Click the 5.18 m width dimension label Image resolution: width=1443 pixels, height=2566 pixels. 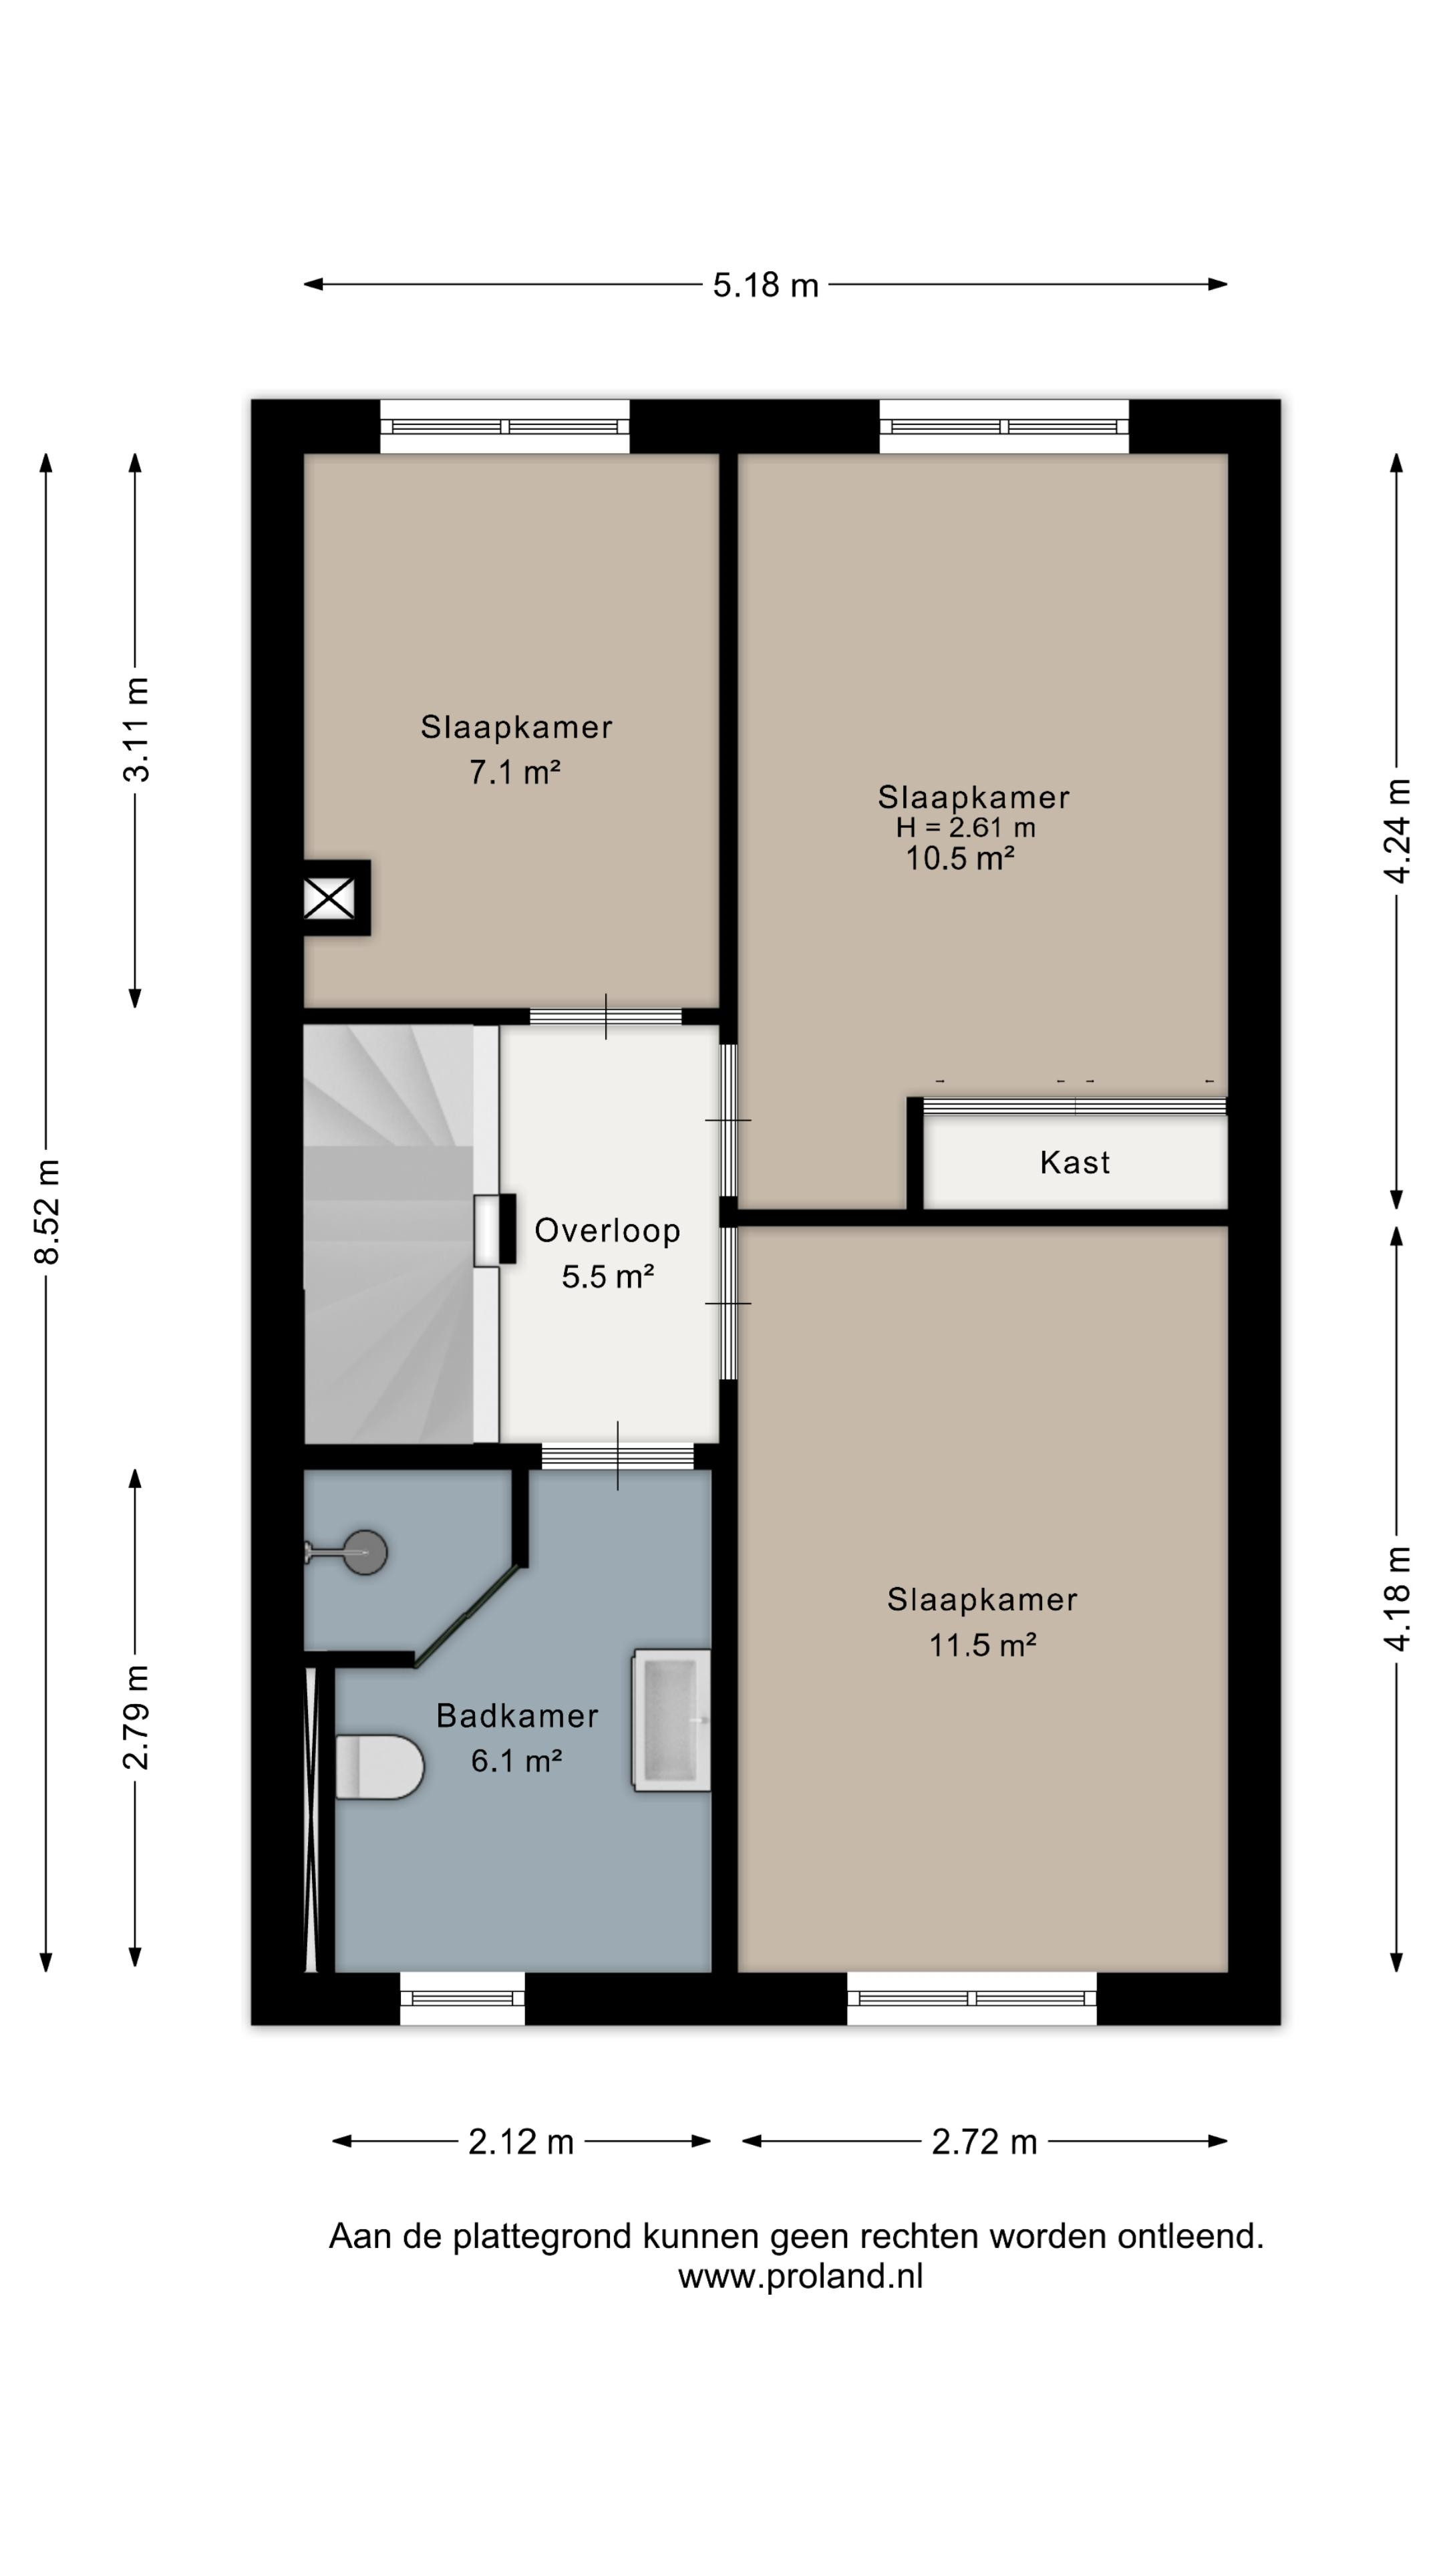[765, 286]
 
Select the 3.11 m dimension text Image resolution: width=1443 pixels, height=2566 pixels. [136, 729]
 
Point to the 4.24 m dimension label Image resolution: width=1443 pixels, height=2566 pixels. [1397, 831]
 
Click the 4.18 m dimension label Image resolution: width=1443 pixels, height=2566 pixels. [1397, 1599]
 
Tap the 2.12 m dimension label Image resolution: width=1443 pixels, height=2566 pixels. [521, 2142]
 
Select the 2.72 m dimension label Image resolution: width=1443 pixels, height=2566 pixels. [984, 2142]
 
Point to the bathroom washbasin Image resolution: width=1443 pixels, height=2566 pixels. [672, 1720]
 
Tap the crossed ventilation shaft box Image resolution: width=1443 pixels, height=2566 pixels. [329, 899]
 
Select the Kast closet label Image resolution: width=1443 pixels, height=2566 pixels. [1074, 1163]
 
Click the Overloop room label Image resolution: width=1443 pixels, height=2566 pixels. [607, 1230]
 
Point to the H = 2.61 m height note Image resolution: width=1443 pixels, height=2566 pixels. [965, 827]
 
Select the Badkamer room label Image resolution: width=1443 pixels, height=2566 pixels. [518, 1715]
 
